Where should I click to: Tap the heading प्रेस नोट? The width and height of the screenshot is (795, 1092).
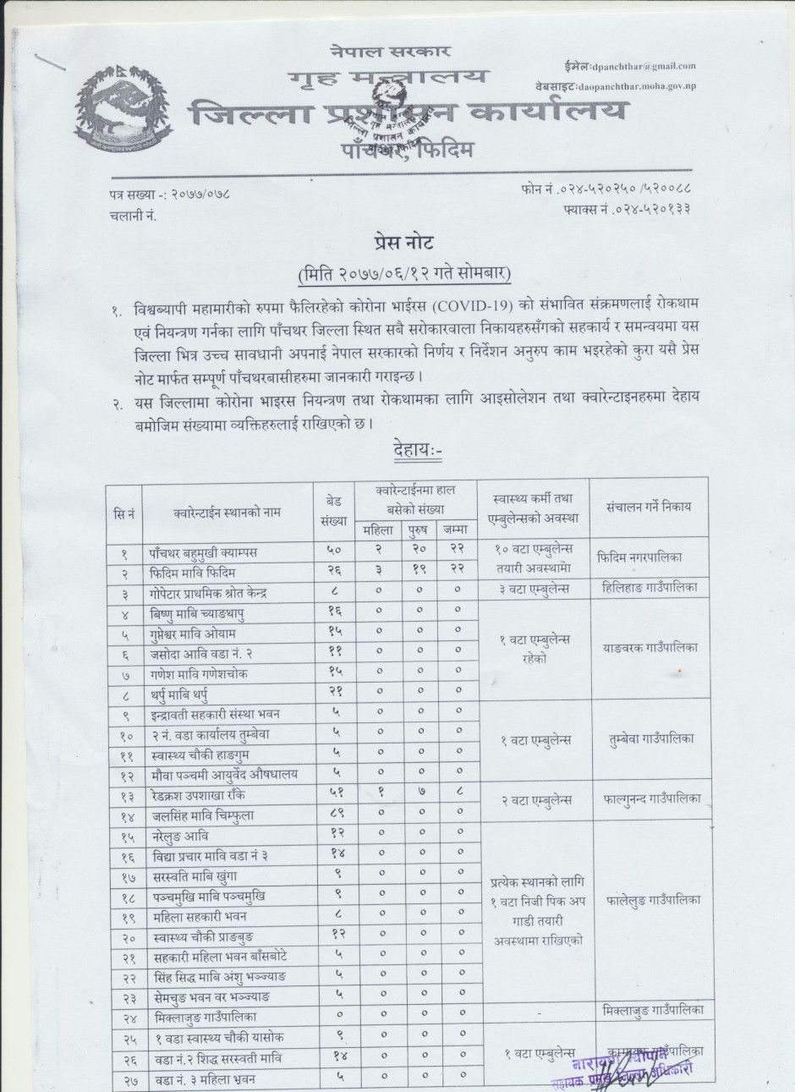[x=402, y=243]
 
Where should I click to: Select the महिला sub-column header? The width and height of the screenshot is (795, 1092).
[x=377, y=530]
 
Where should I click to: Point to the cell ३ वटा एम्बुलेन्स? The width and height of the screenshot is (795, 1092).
[x=534, y=588]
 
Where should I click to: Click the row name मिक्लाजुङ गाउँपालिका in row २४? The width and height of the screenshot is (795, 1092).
[x=200, y=1018]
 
